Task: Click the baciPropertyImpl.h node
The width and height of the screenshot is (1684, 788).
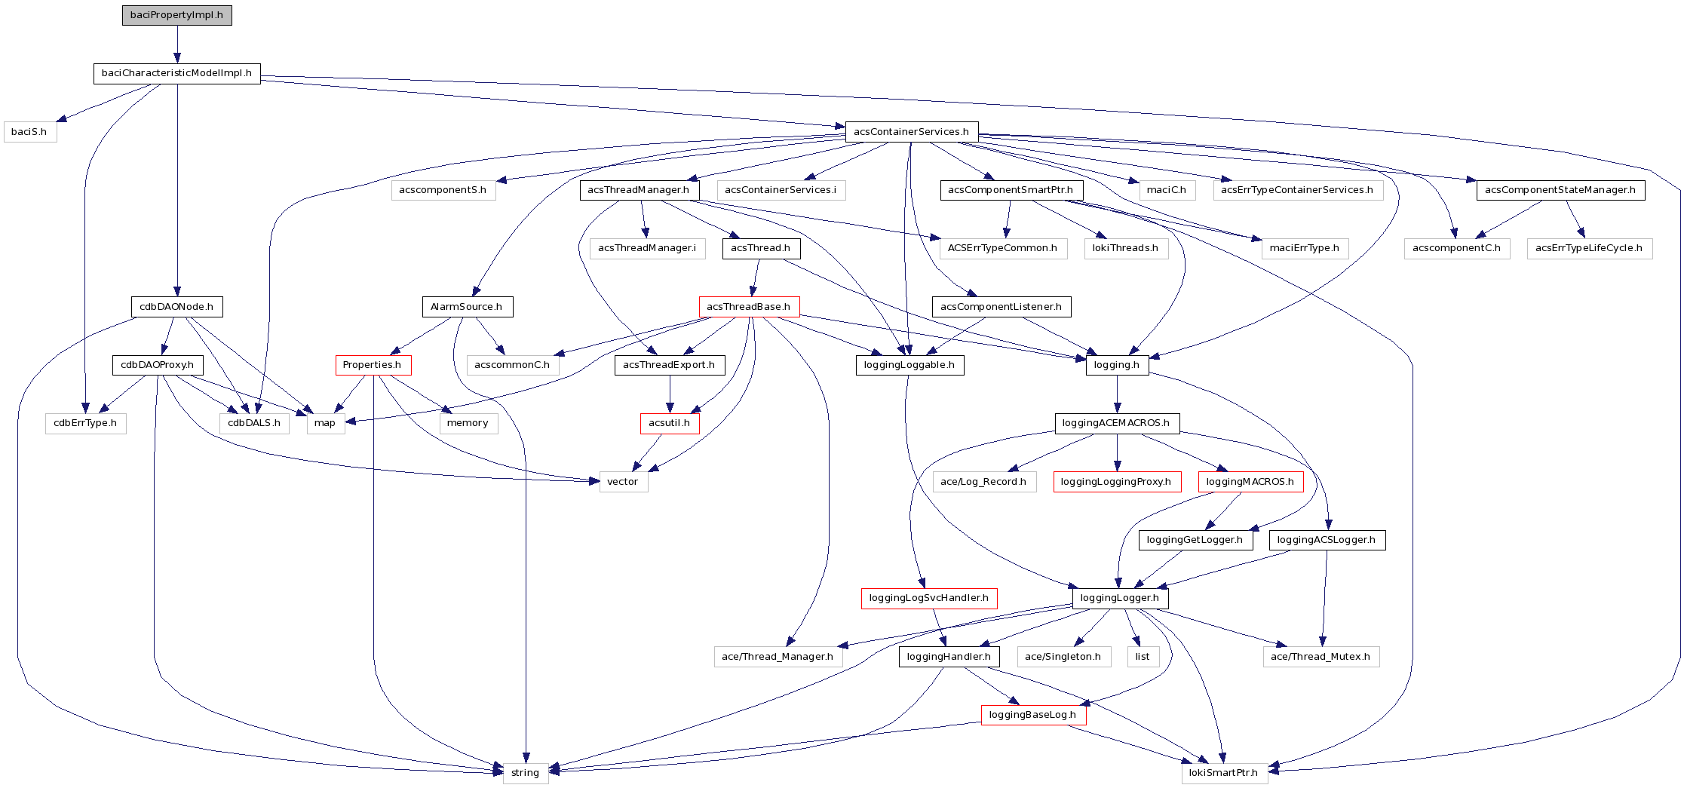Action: [x=176, y=15]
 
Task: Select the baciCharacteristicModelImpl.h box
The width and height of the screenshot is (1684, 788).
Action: [x=176, y=73]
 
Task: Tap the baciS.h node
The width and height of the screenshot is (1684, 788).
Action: [x=29, y=132]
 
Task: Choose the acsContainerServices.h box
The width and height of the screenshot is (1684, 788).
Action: [x=911, y=132]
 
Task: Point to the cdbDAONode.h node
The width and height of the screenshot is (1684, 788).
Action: [x=176, y=307]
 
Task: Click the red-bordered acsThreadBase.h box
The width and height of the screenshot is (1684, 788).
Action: [x=748, y=307]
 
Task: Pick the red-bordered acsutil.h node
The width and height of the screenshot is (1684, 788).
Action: [x=669, y=423]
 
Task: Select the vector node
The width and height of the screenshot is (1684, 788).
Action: [x=623, y=482]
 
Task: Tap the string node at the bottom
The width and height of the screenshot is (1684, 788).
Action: [x=525, y=773]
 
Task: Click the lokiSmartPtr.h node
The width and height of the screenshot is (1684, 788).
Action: [x=1223, y=773]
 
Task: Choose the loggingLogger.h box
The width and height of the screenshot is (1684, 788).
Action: [x=1120, y=598]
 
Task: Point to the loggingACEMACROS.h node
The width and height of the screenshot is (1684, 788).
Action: [x=1116, y=423]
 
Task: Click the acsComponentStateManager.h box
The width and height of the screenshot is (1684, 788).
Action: [x=1560, y=190]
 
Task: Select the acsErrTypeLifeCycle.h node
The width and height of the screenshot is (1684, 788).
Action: [x=1589, y=248]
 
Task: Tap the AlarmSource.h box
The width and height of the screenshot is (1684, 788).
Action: [x=466, y=307]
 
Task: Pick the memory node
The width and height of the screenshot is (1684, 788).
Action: [x=468, y=423]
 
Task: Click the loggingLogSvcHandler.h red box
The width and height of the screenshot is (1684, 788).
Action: [x=928, y=598]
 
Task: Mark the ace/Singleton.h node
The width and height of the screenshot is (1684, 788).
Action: [x=1063, y=657]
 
